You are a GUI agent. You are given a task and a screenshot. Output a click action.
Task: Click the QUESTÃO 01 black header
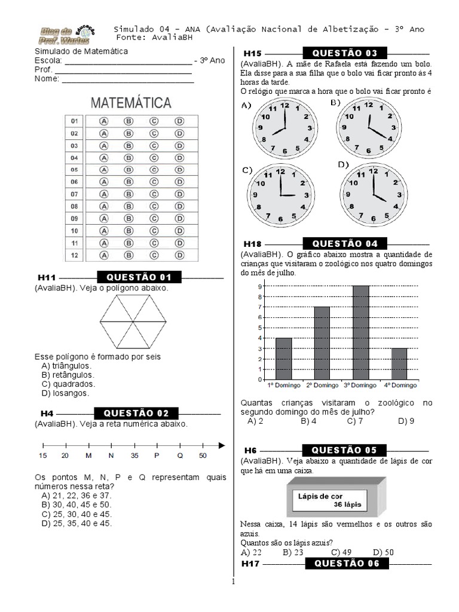click(x=139, y=277)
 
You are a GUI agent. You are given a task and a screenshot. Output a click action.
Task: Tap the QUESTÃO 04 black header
click(x=345, y=243)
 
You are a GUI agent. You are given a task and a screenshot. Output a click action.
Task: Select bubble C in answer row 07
click(x=154, y=194)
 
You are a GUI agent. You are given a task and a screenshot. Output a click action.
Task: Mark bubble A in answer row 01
click(x=103, y=121)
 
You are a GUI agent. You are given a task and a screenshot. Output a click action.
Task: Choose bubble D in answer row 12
click(x=179, y=255)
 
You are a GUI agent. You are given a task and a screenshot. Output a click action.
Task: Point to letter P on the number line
click(x=157, y=455)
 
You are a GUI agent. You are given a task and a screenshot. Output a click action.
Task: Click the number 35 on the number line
click(x=134, y=455)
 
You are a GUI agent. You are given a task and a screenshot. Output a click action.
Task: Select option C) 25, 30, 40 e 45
click(x=76, y=514)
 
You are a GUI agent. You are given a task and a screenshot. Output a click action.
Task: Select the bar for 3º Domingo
click(x=360, y=332)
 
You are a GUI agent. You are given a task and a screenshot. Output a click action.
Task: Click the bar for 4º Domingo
click(x=399, y=363)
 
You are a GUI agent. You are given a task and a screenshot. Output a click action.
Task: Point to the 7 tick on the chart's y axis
click(x=260, y=307)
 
